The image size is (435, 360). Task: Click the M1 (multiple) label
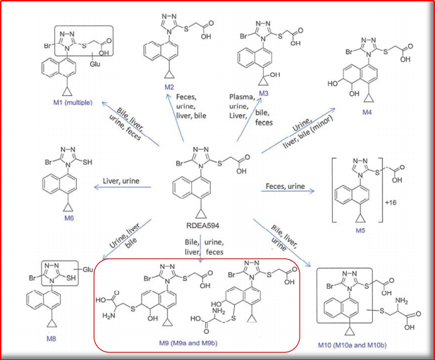tap(73, 103)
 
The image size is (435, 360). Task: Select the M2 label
tap(169, 87)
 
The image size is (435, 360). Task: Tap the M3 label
tap(264, 94)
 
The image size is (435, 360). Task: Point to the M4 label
tap(367, 112)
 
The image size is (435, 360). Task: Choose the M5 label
tap(360, 230)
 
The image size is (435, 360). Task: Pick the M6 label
tap(69, 218)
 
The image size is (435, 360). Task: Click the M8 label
tap(51, 338)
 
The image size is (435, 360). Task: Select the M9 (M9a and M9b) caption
tap(188, 343)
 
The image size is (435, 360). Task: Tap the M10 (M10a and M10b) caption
tap(353, 345)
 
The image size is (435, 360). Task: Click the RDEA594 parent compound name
tap(203, 225)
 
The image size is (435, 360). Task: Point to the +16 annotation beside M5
tap(391, 203)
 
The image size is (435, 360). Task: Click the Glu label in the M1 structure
tap(95, 64)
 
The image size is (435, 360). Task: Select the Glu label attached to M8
tap(88, 269)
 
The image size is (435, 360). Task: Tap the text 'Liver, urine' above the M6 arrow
tap(121, 181)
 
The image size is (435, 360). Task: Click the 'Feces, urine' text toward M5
tap(286, 186)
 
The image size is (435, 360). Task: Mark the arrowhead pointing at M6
tap(97, 187)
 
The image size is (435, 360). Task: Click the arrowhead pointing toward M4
tap(332, 110)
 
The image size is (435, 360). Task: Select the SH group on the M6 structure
tap(87, 162)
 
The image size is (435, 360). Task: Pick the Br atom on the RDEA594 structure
tap(180, 163)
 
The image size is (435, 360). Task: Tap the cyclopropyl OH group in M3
tap(275, 75)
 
